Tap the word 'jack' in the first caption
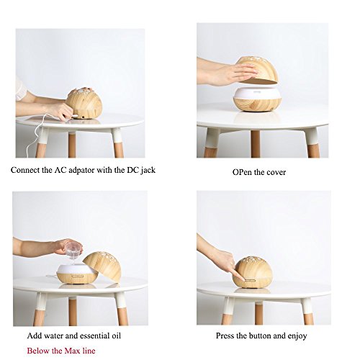pyautogui.click(x=148, y=170)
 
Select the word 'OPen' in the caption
pyautogui.click(x=242, y=172)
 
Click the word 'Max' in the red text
pyautogui.click(x=73, y=351)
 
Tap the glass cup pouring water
pyautogui.click(x=73, y=250)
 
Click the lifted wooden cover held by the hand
pyautogui.click(x=258, y=71)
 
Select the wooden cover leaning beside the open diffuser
pyautogui.click(x=103, y=266)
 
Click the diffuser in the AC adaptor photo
pyautogui.click(x=84, y=104)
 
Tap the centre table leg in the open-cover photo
pyautogui.click(x=255, y=144)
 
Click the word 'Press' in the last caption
pyautogui.click(x=225, y=336)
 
